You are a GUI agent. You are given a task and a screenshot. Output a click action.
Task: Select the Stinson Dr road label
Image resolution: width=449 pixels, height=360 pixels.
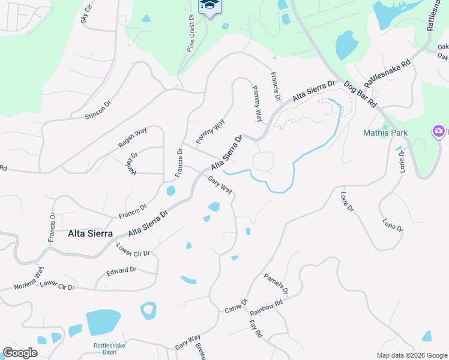(98, 109)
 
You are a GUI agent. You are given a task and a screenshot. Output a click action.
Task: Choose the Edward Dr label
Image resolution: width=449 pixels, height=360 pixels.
(121, 271)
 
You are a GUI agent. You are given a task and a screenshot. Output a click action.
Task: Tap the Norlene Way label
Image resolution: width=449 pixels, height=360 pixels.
(30, 278)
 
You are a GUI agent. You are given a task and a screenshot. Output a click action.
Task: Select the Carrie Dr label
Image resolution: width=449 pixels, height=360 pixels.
(236, 306)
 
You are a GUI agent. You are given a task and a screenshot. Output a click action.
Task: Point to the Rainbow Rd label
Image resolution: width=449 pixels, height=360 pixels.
(266, 308)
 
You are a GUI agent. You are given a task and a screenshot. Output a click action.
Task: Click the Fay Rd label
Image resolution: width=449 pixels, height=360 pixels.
(256, 328)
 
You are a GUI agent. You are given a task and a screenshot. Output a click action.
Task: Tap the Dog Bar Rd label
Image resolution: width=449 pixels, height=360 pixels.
(360, 94)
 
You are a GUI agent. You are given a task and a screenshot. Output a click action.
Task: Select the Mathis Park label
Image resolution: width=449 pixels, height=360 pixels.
(385, 133)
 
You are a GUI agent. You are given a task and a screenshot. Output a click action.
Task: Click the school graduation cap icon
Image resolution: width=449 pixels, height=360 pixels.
(209, 5)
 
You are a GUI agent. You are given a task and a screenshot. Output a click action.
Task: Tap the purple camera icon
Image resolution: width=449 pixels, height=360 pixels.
(439, 131)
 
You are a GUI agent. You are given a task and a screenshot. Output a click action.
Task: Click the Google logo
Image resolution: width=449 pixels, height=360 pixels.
(20, 353)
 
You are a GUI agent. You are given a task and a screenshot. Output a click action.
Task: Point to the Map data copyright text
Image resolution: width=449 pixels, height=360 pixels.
(412, 355)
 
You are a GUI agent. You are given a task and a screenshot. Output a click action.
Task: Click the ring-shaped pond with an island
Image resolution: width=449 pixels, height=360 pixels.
(148, 311)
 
